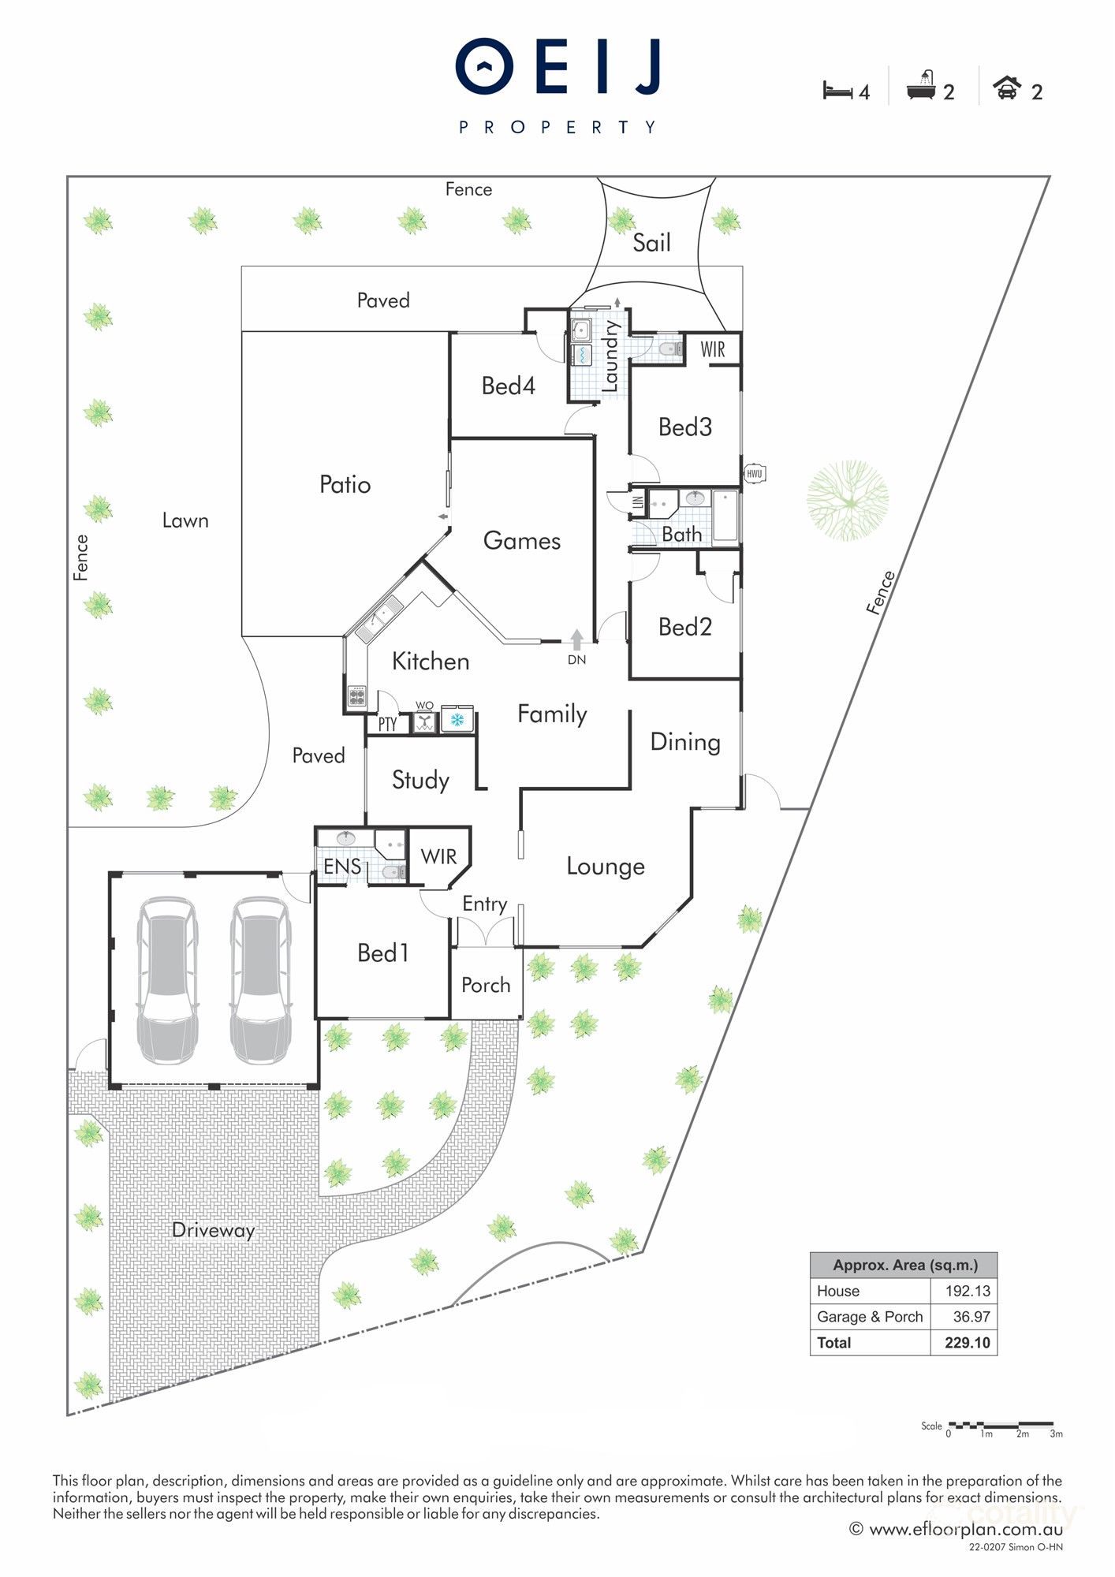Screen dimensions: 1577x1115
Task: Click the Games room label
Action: tap(521, 541)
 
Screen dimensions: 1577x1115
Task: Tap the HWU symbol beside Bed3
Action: tap(754, 473)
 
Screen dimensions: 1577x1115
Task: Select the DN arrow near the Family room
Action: tap(577, 640)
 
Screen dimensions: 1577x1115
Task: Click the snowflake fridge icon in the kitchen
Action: tap(457, 720)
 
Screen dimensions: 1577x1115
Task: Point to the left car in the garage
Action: tap(167, 980)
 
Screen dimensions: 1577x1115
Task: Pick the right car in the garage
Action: tap(260, 980)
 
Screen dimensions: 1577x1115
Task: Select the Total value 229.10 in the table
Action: tap(967, 1343)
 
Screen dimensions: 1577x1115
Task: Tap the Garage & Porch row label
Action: tap(869, 1317)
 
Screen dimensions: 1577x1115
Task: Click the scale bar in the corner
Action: tap(1001, 1426)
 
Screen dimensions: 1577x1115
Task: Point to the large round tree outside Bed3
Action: tap(848, 501)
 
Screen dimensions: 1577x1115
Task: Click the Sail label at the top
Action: tap(651, 243)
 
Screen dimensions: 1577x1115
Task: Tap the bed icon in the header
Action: tap(837, 91)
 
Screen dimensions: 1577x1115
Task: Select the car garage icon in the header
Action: tap(1006, 88)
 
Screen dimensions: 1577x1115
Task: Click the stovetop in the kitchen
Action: tap(356, 696)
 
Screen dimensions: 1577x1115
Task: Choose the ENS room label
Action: tap(342, 867)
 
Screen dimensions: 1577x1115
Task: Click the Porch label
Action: tap(486, 985)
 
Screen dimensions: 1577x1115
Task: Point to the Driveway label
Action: tap(213, 1230)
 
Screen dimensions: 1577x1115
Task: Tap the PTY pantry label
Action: tap(387, 725)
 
